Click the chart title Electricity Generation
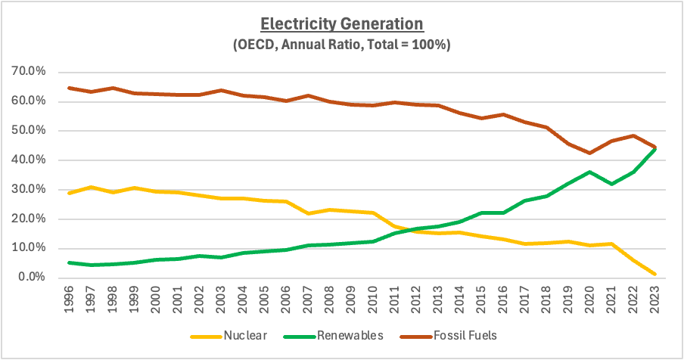pyautogui.click(x=342, y=24)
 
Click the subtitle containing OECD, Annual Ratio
pyautogui.click(x=342, y=45)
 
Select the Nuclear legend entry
pyautogui.click(x=229, y=336)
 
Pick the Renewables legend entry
pyautogui.click(x=333, y=336)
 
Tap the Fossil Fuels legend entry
pyautogui.click(x=448, y=336)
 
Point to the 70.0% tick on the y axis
pyautogui.click(x=30, y=71)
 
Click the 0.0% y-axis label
pyautogui.click(x=32, y=278)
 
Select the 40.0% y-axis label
pyautogui.click(x=30, y=160)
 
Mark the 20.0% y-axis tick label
pyautogui.click(x=30, y=219)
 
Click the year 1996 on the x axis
pyautogui.click(x=69, y=299)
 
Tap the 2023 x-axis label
pyautogui.click(x=654, y=299)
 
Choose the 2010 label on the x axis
pyautogui.click(x=372, y=299)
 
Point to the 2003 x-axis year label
pyautogui.click(x=221, y=299)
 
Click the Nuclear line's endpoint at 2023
pyautogui.click(x=654, y=274)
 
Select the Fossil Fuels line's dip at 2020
pyautogui.click(x=589, y=153)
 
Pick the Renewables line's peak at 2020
pyautogui.click(x=589, y=172)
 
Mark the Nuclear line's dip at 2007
pyautogui.click(x=308, y=213)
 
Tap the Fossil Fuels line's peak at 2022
pyautogui.click(x=633, y=135)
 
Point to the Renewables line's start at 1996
pyautogui.click(x=69, y=262)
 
